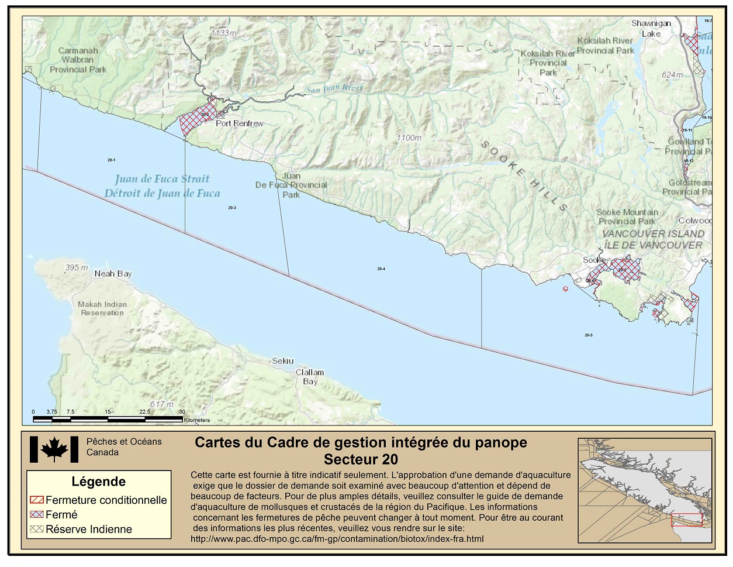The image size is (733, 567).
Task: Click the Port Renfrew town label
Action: (x=239, y=123)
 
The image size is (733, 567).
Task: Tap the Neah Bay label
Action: (x=113, y=274)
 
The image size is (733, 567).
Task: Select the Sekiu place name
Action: (x=283, y=361)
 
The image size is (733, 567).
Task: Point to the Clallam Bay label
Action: (x=310, y=377)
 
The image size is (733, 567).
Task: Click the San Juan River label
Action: (x=334, y=89)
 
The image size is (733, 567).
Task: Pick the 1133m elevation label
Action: (x=224, y=33)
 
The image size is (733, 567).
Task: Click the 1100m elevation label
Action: (x=409, y=138)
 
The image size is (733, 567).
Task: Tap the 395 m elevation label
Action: (x=76, y=267)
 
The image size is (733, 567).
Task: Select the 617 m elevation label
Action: (x=161, y=404)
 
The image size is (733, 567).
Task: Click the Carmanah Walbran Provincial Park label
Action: (x=78, y=60)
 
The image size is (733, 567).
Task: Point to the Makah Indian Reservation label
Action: (x=102, y=308)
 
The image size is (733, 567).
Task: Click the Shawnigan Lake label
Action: (x=651, y=29)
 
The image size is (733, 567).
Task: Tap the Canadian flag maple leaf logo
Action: (x=54, y=449)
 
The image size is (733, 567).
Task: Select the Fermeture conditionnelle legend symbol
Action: (x=36, y=500)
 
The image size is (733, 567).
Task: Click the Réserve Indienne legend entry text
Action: (x=89, y=530)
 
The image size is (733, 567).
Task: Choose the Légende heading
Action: (x=98, y=482)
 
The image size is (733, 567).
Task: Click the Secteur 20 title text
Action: (x=361, y=459)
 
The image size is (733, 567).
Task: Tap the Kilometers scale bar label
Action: (x=196, y=420)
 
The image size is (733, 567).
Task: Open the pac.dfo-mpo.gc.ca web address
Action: (x=337, y=539)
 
